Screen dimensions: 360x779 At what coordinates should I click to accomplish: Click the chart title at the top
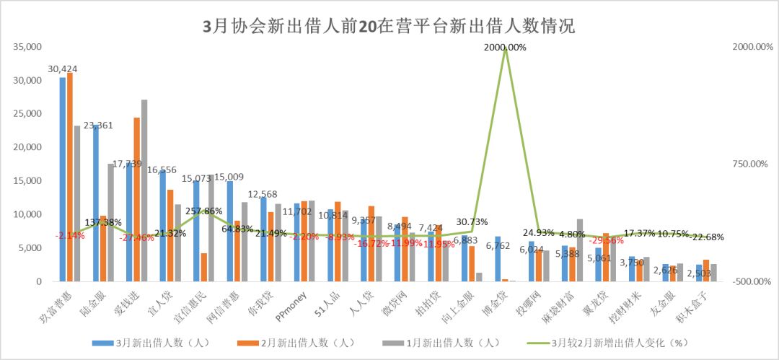(x=389, y=27)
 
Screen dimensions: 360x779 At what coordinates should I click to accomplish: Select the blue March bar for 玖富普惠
(x=63, y=180)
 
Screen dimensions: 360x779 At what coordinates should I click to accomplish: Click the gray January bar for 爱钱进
(x=144, y=190)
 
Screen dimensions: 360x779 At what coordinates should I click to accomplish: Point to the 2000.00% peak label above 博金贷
(x=505, y=47)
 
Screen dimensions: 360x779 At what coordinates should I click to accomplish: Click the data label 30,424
(x=63, y=69)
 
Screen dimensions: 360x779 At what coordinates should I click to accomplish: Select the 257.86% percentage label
(x=204, y=211)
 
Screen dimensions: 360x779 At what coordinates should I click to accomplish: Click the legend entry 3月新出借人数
(x=151, y=343)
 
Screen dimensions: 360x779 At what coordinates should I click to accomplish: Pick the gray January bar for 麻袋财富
(x=580, y=250)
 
